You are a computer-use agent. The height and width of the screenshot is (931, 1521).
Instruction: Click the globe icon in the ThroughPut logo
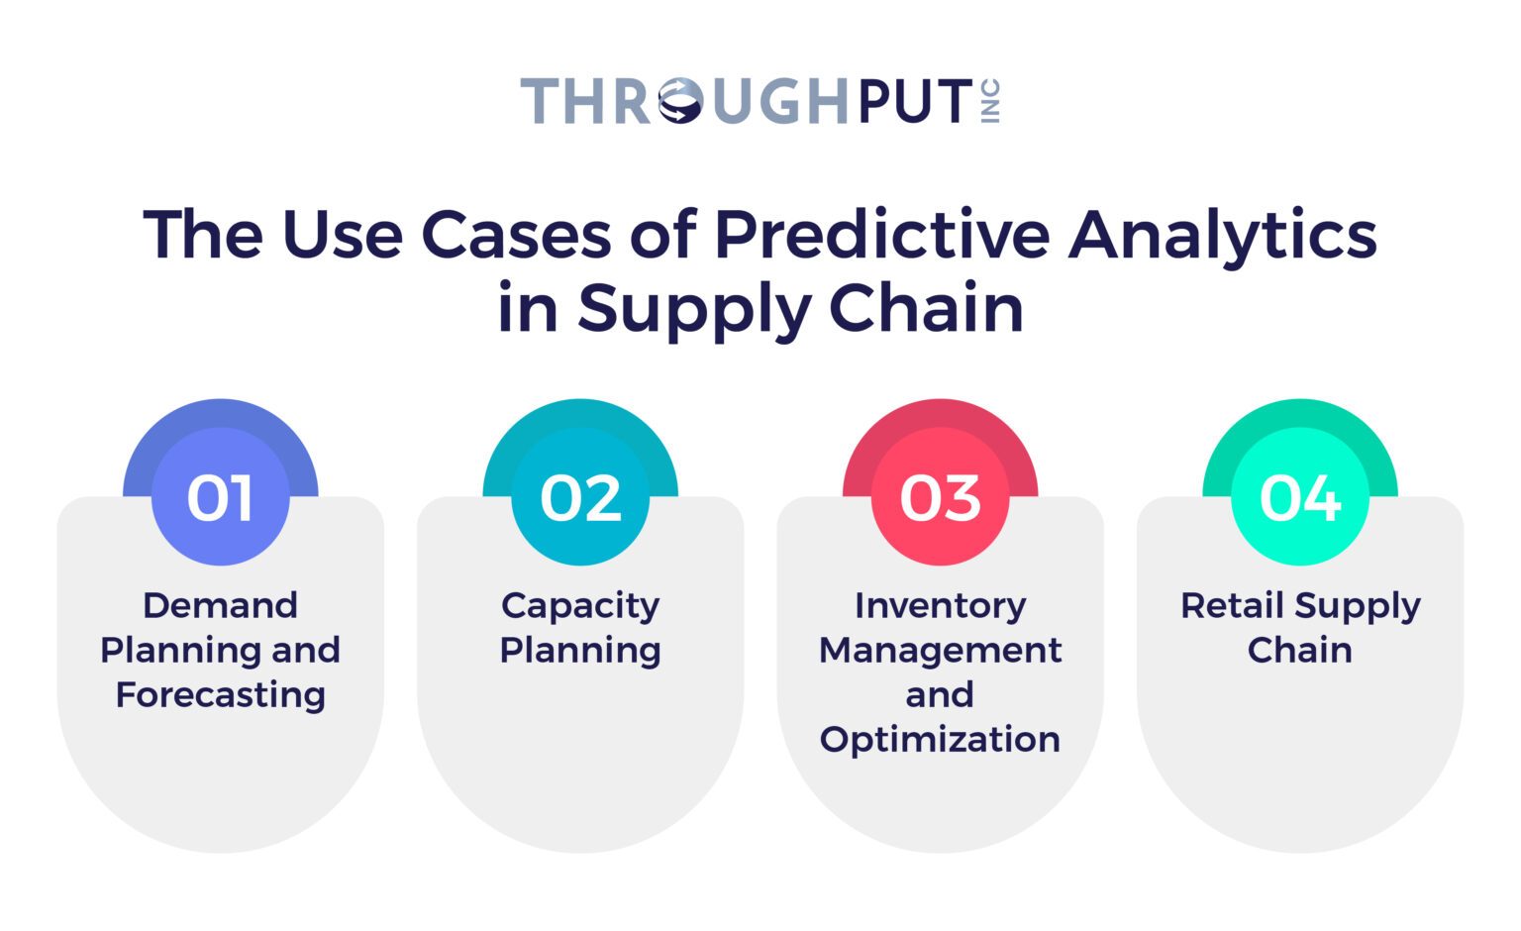[x=681, y=101]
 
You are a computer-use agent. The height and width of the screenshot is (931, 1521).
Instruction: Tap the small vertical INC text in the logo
[x=991, y=101]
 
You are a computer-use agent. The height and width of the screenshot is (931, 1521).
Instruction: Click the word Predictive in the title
[x=881, y=235]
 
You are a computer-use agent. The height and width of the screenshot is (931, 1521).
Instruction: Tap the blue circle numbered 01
[x=220, y=497]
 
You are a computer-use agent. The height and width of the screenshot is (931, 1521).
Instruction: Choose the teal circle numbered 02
[x=580, y=497]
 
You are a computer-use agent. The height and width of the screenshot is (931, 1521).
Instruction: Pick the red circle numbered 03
[x=940, y=497]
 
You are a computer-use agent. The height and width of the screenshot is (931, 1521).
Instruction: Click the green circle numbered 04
[x=1299, y=497]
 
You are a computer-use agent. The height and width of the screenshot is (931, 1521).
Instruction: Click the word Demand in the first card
[x=220, y=605]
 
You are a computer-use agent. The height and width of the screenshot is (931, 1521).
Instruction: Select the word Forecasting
[x=220, y=694]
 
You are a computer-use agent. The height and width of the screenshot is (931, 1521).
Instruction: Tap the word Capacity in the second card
[x=580, y=605]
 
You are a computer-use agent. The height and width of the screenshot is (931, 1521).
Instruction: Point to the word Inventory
[x=940, y=605]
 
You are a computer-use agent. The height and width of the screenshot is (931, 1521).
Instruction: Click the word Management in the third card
[x=940, y=650]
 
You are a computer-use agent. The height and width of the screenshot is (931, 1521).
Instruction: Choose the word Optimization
[x=940, y=739]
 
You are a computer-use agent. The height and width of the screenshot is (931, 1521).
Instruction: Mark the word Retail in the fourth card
[x=1232, y=605]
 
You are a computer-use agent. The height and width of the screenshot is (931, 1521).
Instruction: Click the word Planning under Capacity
[x=580, y=650]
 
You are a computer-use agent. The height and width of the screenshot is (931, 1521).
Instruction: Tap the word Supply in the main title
[x=694, y=309]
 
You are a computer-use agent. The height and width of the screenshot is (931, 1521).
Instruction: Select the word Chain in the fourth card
[x=1299, y=650]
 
